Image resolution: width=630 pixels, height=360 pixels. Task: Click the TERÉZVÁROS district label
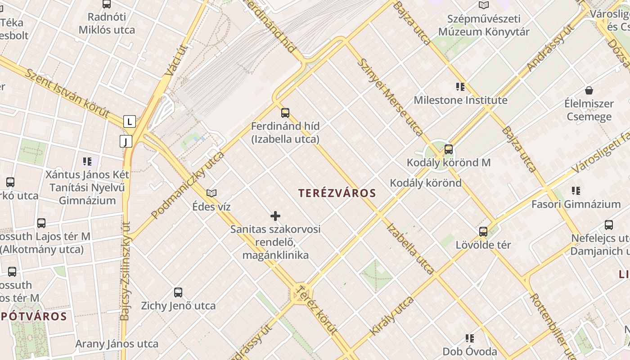point(337,193)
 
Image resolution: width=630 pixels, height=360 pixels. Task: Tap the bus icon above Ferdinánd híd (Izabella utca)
point(285,112)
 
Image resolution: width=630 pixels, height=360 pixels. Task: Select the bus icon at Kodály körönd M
point(448,149)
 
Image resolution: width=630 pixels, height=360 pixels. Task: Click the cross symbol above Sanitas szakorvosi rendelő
point(275,216)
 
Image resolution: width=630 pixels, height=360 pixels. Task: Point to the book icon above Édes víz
point(211,193)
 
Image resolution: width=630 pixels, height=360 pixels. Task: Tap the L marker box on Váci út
point(130,121)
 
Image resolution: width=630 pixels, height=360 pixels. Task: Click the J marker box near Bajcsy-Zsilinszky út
point(126,141)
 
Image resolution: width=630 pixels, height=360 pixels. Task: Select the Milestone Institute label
point(460,100)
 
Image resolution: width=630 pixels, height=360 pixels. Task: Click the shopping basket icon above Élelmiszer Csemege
point(589,90)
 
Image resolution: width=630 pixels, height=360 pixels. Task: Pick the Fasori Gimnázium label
point(576,204)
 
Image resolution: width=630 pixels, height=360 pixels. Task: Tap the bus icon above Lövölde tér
point(483,232)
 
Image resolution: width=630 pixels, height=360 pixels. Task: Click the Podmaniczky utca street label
point(188,185)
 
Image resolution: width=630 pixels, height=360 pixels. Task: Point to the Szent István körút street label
point(67,93)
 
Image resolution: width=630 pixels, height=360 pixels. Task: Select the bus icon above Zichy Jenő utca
point(178,292)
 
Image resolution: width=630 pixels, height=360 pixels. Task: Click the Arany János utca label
point(117,344)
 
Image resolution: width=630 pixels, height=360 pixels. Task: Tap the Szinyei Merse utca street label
point(390,97)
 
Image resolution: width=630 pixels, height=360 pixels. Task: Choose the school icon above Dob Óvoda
point(470,338)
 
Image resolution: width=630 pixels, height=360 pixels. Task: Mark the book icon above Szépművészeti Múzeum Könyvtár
point(484,5)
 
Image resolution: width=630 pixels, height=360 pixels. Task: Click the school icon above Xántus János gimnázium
point(87,161)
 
